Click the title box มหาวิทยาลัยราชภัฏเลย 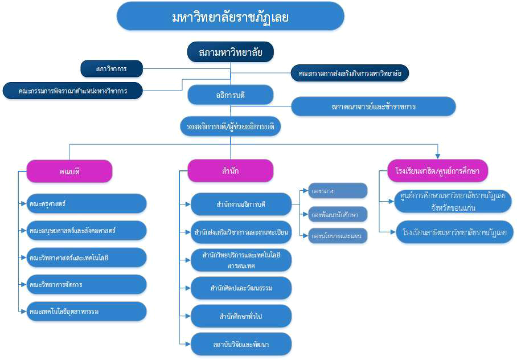(230, 17)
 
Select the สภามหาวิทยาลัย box (230, 52)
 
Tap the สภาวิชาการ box (111, 69)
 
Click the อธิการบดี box (230, 95)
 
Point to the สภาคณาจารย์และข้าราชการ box (374, 107)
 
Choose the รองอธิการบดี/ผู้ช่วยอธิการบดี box (230, 126)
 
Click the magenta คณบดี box (69, 170)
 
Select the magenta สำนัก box (230, 170)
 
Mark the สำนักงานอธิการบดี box (241, 203)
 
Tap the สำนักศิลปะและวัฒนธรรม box (241, 288)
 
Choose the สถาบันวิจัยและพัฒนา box (241, 344)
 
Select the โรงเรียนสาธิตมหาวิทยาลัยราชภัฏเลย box (454, 232)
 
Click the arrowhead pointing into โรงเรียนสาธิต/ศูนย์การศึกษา (438, 154)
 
